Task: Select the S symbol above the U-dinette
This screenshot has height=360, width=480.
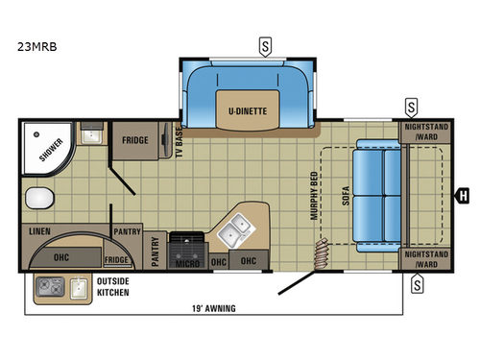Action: (x=263, y=45)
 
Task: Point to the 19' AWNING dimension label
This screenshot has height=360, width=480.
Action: (x=213, y=308)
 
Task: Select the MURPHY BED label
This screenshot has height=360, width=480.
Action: (x=313, y=196)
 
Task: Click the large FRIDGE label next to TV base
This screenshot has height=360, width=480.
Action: (x=133, y=139)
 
